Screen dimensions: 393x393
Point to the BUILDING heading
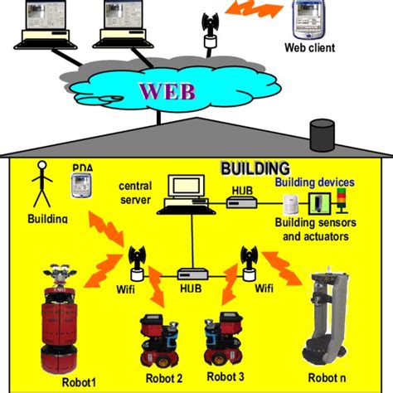255,168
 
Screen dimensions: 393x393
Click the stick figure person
39,184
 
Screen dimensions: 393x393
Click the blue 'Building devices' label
315,182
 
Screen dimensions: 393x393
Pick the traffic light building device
341,202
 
